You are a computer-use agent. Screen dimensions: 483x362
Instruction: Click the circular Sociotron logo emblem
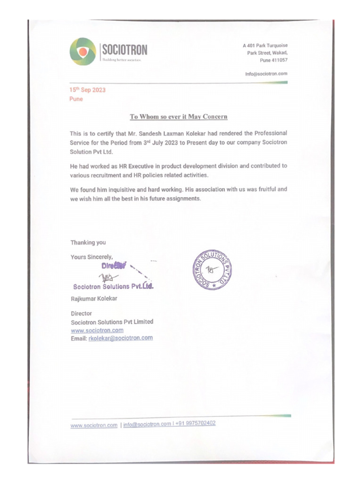(x=82, y=51)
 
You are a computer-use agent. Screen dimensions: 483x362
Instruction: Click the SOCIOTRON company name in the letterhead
(x=124, y=49)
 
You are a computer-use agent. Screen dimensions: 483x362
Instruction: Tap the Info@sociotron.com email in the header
(x=266, y=74)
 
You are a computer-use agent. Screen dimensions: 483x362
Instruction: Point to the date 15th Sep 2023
(x=88, y=90)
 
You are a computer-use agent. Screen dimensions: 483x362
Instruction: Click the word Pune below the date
(x=76, y=99)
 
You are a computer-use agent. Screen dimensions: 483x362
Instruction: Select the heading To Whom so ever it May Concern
(x=179, y=117)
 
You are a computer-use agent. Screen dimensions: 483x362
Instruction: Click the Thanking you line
(x=88, y=242)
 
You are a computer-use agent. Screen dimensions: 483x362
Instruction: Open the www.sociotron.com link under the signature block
(x=97, y=330)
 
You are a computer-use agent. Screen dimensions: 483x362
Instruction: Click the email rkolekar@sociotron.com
(x=120, y=338)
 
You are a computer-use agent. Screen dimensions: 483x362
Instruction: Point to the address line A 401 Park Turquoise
(x=265, y=46)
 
